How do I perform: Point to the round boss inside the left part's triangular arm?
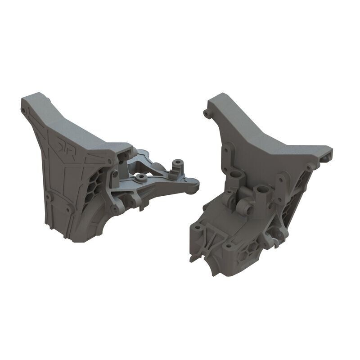[x=142, y=178]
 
